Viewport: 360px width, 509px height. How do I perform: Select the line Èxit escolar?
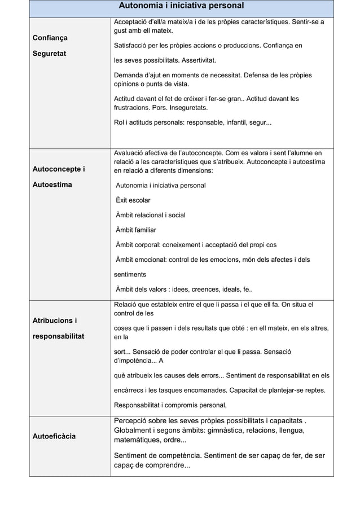click(133, 200)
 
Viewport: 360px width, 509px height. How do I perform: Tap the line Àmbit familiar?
click(136, 230)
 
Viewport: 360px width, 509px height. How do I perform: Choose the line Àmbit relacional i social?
click(150, 215)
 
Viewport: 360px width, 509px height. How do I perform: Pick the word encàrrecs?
click(131, 390)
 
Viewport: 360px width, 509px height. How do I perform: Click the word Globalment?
click(135, 431)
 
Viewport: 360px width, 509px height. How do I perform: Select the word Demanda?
click(129, 75)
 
